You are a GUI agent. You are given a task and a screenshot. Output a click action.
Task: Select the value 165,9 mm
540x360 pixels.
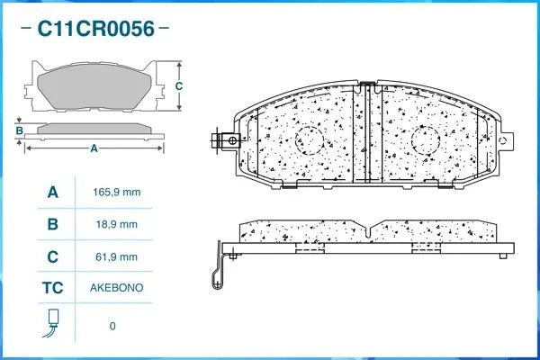[118, 193]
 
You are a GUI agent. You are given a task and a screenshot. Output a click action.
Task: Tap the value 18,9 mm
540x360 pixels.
[118, 224]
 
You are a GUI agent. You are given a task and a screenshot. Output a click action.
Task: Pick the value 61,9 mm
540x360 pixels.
[118, 256]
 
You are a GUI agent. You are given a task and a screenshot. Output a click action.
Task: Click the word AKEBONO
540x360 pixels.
[118, 288]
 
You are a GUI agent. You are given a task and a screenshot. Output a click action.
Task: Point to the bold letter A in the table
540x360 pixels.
[53, 193]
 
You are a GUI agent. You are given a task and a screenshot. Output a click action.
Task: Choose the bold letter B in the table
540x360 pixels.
[53, 224]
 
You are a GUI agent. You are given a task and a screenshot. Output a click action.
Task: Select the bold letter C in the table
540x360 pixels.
[53, 256]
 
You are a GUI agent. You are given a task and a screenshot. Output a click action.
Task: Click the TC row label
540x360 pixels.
[53, 288]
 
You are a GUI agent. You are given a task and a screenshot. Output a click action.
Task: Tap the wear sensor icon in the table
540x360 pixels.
[52, 323]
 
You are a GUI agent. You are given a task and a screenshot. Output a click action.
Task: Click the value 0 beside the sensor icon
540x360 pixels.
[112, 326]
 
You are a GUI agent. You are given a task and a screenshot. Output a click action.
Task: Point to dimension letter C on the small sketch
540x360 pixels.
[179, 86]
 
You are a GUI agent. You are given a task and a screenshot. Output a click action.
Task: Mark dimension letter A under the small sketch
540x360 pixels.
[94, 149]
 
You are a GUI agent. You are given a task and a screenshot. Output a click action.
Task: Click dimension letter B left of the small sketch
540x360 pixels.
[19, 131]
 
